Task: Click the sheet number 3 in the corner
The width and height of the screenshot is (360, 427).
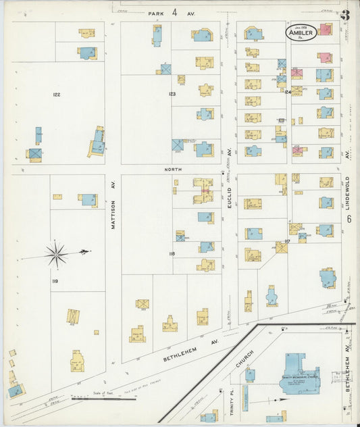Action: [x=344, y=14]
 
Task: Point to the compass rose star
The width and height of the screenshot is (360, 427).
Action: [x=56, y=254]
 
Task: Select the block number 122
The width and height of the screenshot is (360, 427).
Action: [x=57, y=95]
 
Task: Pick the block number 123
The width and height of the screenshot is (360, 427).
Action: [x=172, y=94]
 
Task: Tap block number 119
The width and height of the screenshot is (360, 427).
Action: [x=55, y=280]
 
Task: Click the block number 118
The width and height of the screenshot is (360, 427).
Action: [x=172, y=253]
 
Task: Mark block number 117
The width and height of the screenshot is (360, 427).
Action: [x=287, y=241]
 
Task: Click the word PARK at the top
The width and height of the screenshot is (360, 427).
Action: [x=157, y=12]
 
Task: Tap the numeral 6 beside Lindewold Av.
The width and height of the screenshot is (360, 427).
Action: [x=349, y=219]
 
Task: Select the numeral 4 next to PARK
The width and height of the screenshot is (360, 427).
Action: [x=174, y=12]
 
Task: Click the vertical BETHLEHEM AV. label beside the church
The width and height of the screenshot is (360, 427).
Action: [x=349, y=385]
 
